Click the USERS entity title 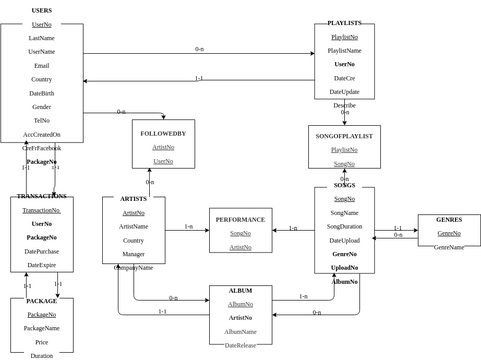coord(41,10)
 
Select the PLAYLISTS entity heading coord(345,23)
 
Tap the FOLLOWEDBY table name coord(163,133)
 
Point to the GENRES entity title coord(449,219)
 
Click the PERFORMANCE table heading coord(240,219)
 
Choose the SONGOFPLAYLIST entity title coord(344,135)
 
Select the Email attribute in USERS coord(41,65)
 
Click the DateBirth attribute coord(41,93)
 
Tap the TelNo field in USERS coord(41,120)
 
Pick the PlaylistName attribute coord(344,50)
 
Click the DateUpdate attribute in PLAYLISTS coord(344,91)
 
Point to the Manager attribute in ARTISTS coord(133,254)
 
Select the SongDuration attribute coord(344,226)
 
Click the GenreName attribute coord(449,247)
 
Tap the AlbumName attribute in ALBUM coord(240,331)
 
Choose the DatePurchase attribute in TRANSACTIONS coord(41,251)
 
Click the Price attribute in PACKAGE coord(41,342)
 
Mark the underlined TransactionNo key coord(41,210)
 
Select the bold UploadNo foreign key coord(344,267)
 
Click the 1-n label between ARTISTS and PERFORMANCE coord(188,226)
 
